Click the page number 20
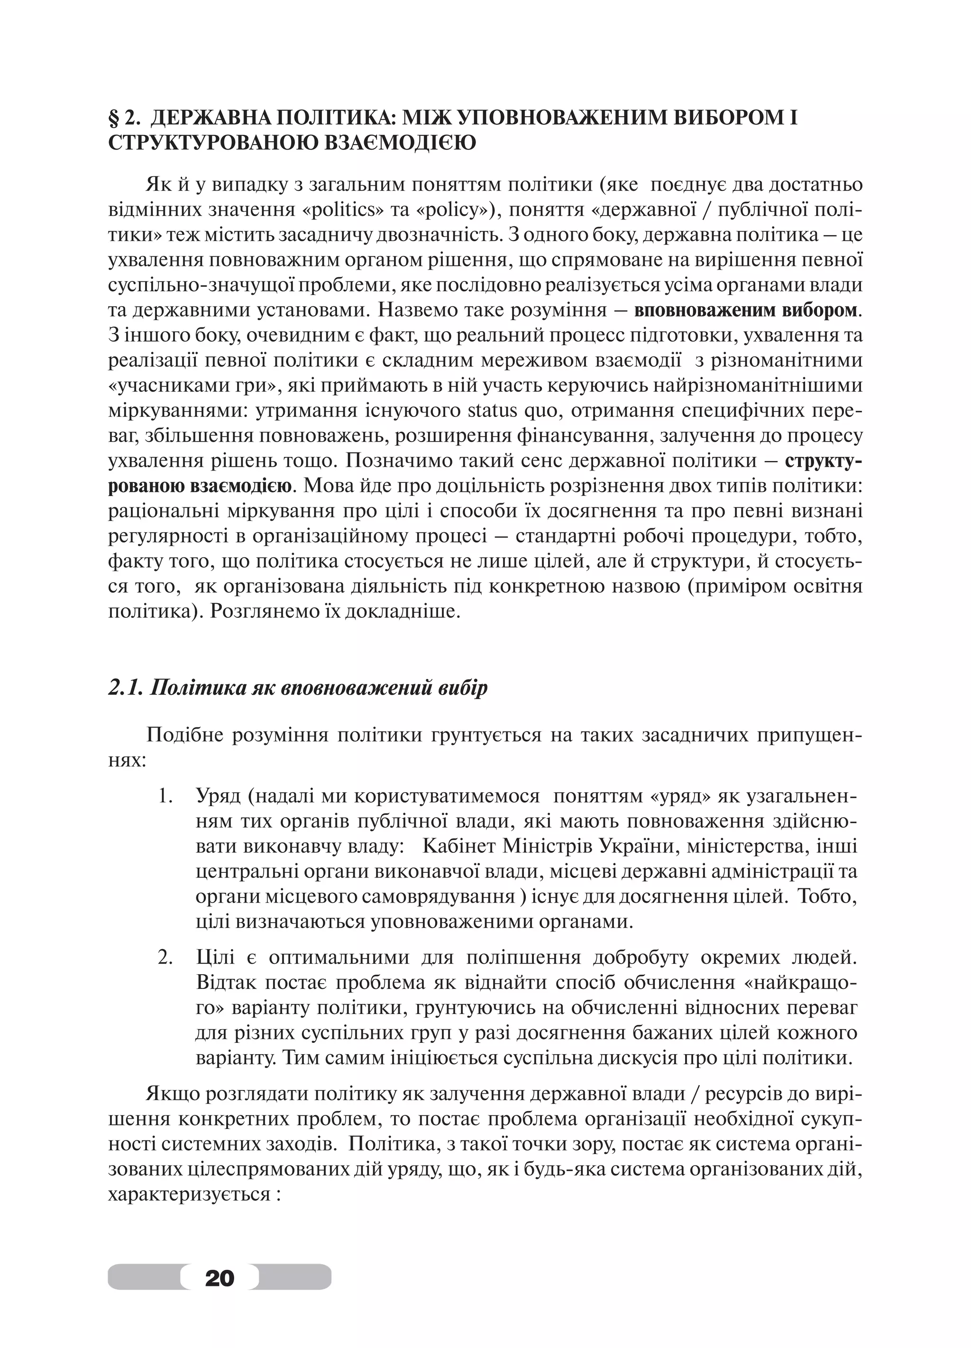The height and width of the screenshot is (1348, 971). (219, 1276)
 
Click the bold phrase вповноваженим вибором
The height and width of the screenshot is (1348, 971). (746, 311)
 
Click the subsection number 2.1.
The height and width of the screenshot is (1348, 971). (125, 688)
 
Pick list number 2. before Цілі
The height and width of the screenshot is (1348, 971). (166, 958)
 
